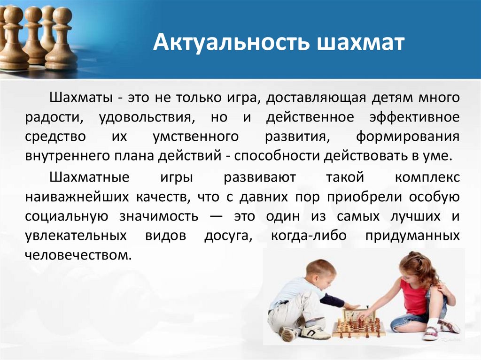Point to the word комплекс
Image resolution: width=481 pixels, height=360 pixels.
[x=427, y=179]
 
